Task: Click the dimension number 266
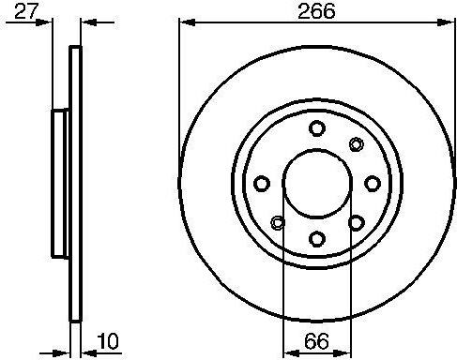(316, 10)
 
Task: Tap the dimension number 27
(26, 11)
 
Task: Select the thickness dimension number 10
(108, 341)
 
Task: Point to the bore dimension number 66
(316, 341)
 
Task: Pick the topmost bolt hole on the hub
(317, 127)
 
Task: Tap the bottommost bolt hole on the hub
(316, 239)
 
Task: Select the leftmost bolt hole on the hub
(262, 184)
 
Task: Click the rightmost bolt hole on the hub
(373, 184)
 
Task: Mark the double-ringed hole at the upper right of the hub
(356, 144)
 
